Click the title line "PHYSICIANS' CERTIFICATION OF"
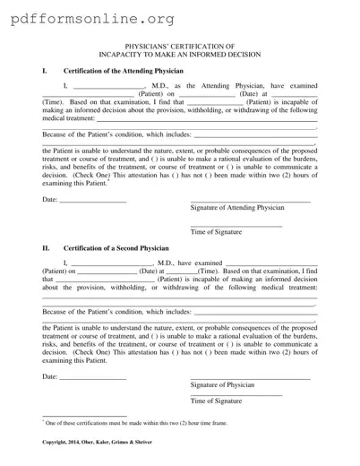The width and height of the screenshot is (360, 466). click(180, 44)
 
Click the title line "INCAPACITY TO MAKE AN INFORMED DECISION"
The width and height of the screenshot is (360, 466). click(180, 52)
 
